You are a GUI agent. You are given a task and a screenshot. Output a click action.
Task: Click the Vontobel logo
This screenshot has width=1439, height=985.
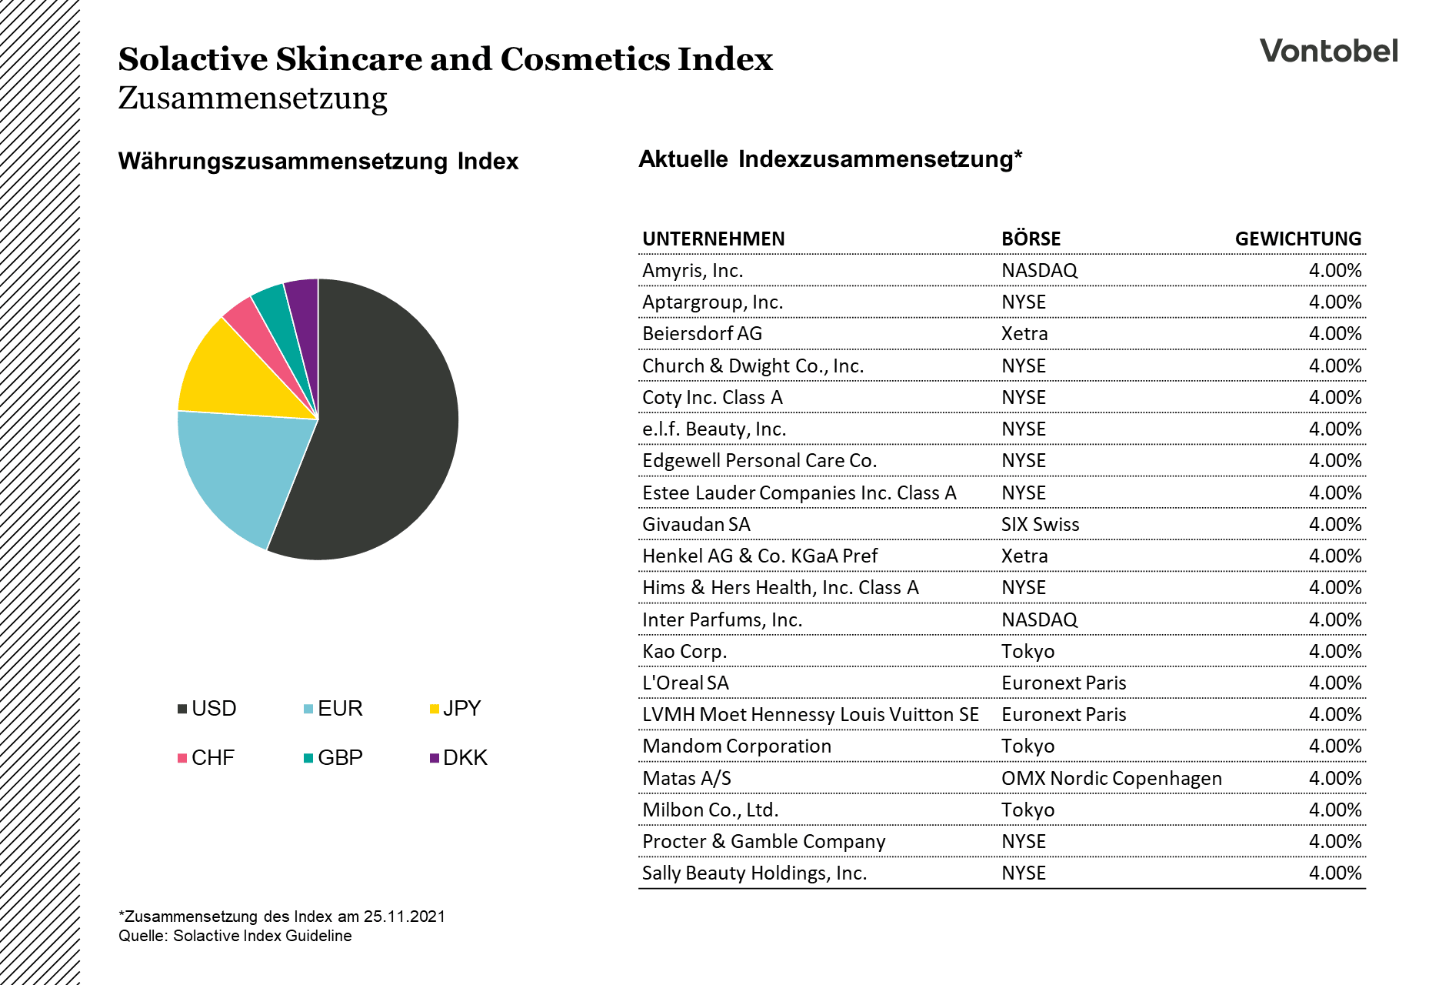[x=1328, y=51]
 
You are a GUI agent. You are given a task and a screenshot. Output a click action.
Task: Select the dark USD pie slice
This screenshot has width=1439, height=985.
[x=385, y=431]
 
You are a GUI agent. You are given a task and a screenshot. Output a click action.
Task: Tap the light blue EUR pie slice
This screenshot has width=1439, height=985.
[x=246, y=469]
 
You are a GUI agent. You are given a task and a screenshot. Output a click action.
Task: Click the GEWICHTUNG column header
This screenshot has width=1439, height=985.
[x=1297, y=239]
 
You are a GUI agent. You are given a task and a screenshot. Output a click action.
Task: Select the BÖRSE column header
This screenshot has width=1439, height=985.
[x=1031, y=239]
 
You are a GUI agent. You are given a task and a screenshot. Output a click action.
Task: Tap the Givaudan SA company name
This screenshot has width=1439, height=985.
[x=696, y=525]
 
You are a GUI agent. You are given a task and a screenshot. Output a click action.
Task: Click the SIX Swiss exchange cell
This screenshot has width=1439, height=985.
[x=1040, y=525]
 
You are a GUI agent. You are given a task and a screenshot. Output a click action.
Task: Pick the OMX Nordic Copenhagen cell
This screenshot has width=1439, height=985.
[x=1111, y=779]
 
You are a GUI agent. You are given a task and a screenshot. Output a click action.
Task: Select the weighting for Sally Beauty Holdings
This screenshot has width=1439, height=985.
[x=1334, y=873]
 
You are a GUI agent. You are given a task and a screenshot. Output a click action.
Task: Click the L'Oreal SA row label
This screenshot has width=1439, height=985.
[x=685, y=683]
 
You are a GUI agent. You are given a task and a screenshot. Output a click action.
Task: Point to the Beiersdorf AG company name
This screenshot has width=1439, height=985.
[x=702, y=334]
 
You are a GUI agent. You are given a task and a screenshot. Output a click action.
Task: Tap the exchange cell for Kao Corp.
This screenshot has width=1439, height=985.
[x=1028, y=652]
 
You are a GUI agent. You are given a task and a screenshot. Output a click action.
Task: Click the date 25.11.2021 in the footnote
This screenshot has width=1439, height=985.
[x=404, y=917]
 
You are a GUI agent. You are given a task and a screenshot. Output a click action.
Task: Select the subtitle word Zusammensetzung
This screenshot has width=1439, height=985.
[x=252, y=98]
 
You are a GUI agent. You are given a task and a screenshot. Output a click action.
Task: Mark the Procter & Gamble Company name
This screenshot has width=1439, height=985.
[x=764, y=842]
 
